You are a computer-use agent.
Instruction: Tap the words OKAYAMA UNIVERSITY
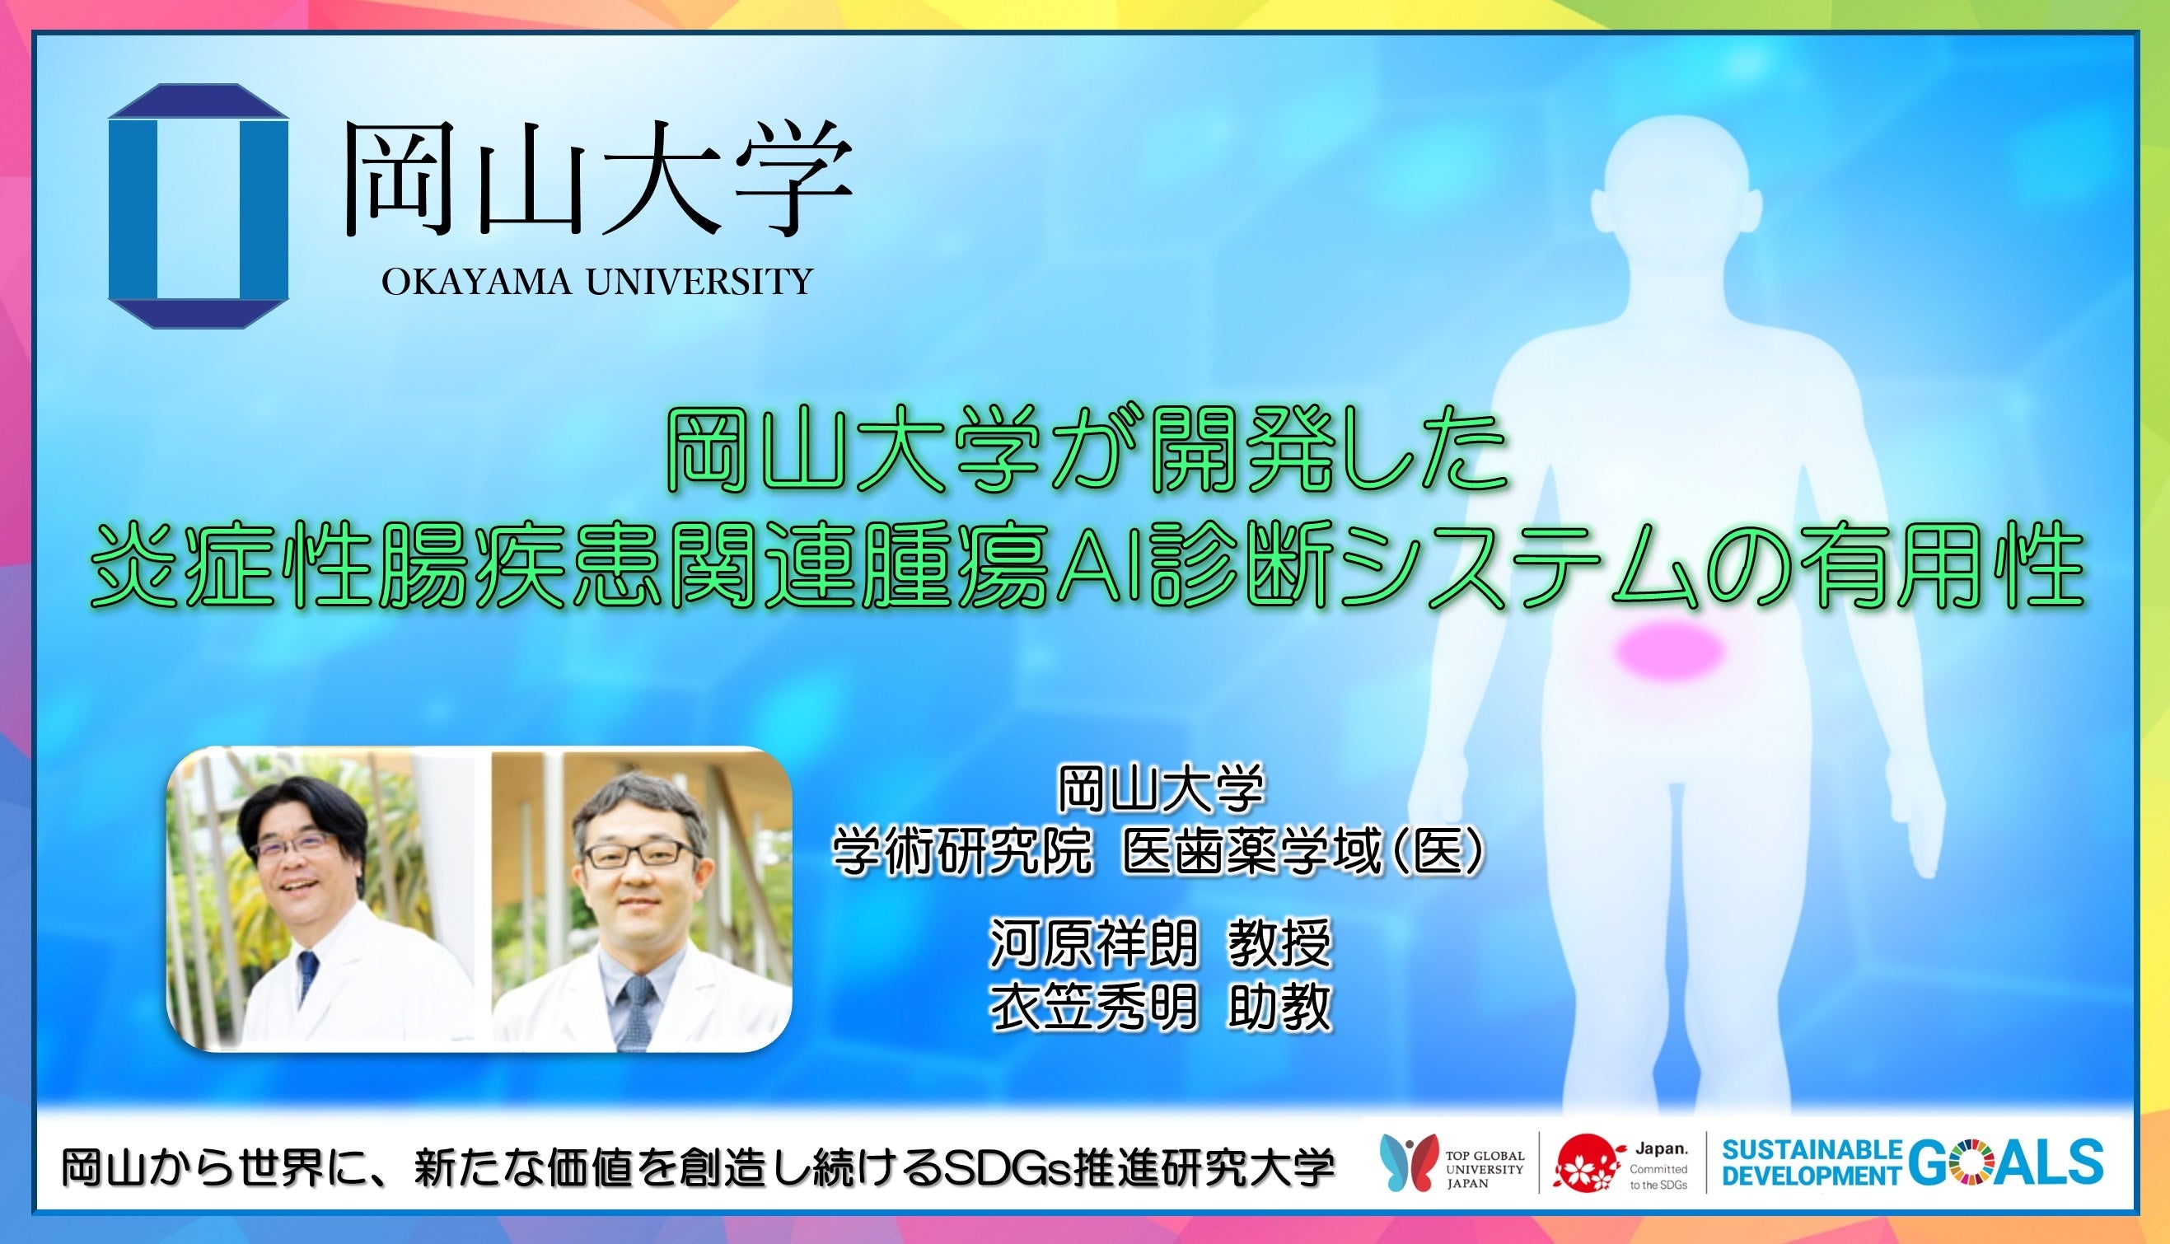point(597,281)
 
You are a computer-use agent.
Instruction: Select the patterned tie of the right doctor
point(636,1013)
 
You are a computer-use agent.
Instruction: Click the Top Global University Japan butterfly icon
point(1408,1161)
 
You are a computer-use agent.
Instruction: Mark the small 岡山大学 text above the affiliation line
point(1161,789)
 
